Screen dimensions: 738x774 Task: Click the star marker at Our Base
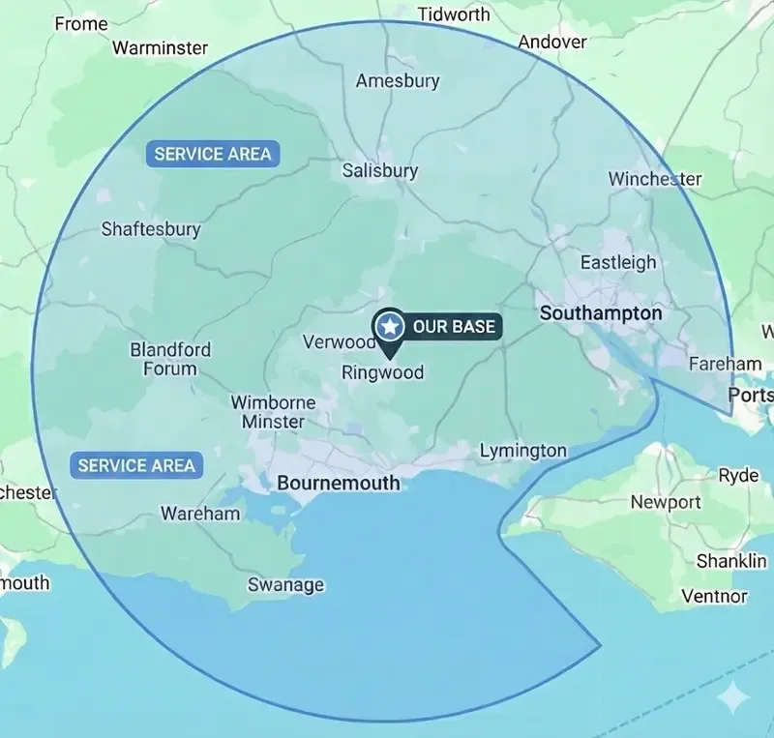point(389,327)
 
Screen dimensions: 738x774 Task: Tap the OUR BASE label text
point(454,327)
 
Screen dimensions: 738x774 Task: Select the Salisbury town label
point(380,171)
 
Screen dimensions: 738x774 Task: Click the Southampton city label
point(601,313)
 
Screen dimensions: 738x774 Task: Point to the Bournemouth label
point(338,482)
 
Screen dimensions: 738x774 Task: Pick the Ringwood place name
point(382,372)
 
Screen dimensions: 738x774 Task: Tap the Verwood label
point(339,342)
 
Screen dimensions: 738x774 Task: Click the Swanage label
point(285,585)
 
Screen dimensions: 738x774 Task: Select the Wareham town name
point(200,514)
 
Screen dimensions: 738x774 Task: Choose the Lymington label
point(523,451)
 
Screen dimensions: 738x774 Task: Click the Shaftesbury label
point(151,229)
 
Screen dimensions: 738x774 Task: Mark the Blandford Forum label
point(170,359)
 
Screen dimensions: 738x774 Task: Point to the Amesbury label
point(398,81)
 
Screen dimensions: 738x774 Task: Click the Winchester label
point(655,179)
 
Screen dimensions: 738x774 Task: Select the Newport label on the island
point(666,502)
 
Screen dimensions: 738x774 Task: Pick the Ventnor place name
point(714,596)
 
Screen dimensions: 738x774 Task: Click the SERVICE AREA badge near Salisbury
point(213,154)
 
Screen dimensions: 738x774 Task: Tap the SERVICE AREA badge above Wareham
point(136,465)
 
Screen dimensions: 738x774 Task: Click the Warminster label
point(161,47)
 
